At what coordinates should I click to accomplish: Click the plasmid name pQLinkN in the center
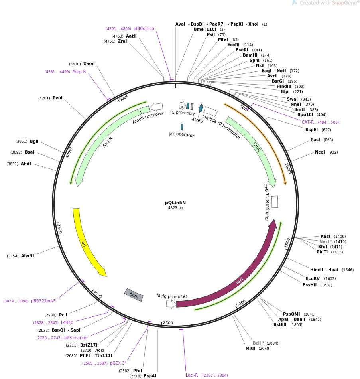175,203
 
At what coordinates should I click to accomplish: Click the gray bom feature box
134,295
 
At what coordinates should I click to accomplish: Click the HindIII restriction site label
284,86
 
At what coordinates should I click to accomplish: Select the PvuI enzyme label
57,98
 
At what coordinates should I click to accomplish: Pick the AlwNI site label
28,256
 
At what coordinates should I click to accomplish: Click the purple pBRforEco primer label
144,28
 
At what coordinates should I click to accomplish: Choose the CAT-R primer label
308,122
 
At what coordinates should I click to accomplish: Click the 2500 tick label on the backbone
168,323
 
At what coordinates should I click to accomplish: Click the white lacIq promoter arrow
171,304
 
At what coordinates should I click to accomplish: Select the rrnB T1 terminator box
275,201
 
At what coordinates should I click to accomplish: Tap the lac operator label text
181,135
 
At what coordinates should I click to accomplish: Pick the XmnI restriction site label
89,64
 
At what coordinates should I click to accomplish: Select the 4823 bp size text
175,208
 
